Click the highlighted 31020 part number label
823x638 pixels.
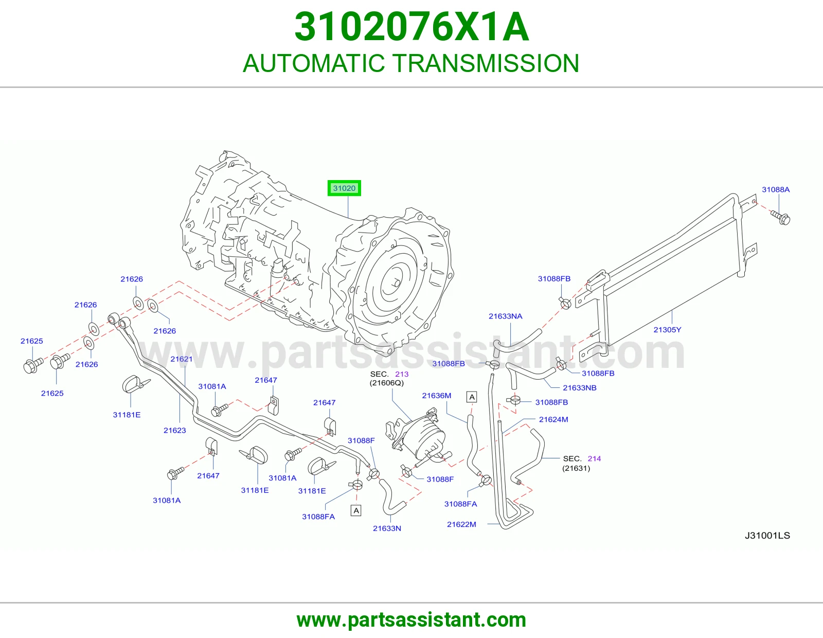[x=344, y=188]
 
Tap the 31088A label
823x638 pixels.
[x=776, y=189]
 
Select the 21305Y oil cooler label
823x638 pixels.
[x=667, y=330]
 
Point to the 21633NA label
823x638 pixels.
[x=505, y=316]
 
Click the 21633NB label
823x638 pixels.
[x=580, y=387]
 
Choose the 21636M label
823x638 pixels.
[x=437, y=396]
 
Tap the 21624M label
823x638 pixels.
[x=553, y=419]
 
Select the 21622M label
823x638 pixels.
[x=461, y=524]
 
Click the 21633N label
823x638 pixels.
[x=387, y=528]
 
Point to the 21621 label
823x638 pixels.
[x=182, y=359]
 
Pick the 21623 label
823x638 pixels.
[x=174, y=430]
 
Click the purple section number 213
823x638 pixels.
[x=402, y=374]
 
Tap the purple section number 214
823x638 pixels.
[x=594, y=458]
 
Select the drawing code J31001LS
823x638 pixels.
[x=767, y=535]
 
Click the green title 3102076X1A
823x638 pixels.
[x=411, y=27]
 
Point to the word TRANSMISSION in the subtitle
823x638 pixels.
[x=485, y=63]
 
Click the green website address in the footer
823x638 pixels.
[x=411, y=620]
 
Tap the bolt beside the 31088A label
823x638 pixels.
[x=781, y=218]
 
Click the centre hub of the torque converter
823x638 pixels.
[x=396, y=283]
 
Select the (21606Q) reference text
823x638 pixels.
[x=387, y=383]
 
